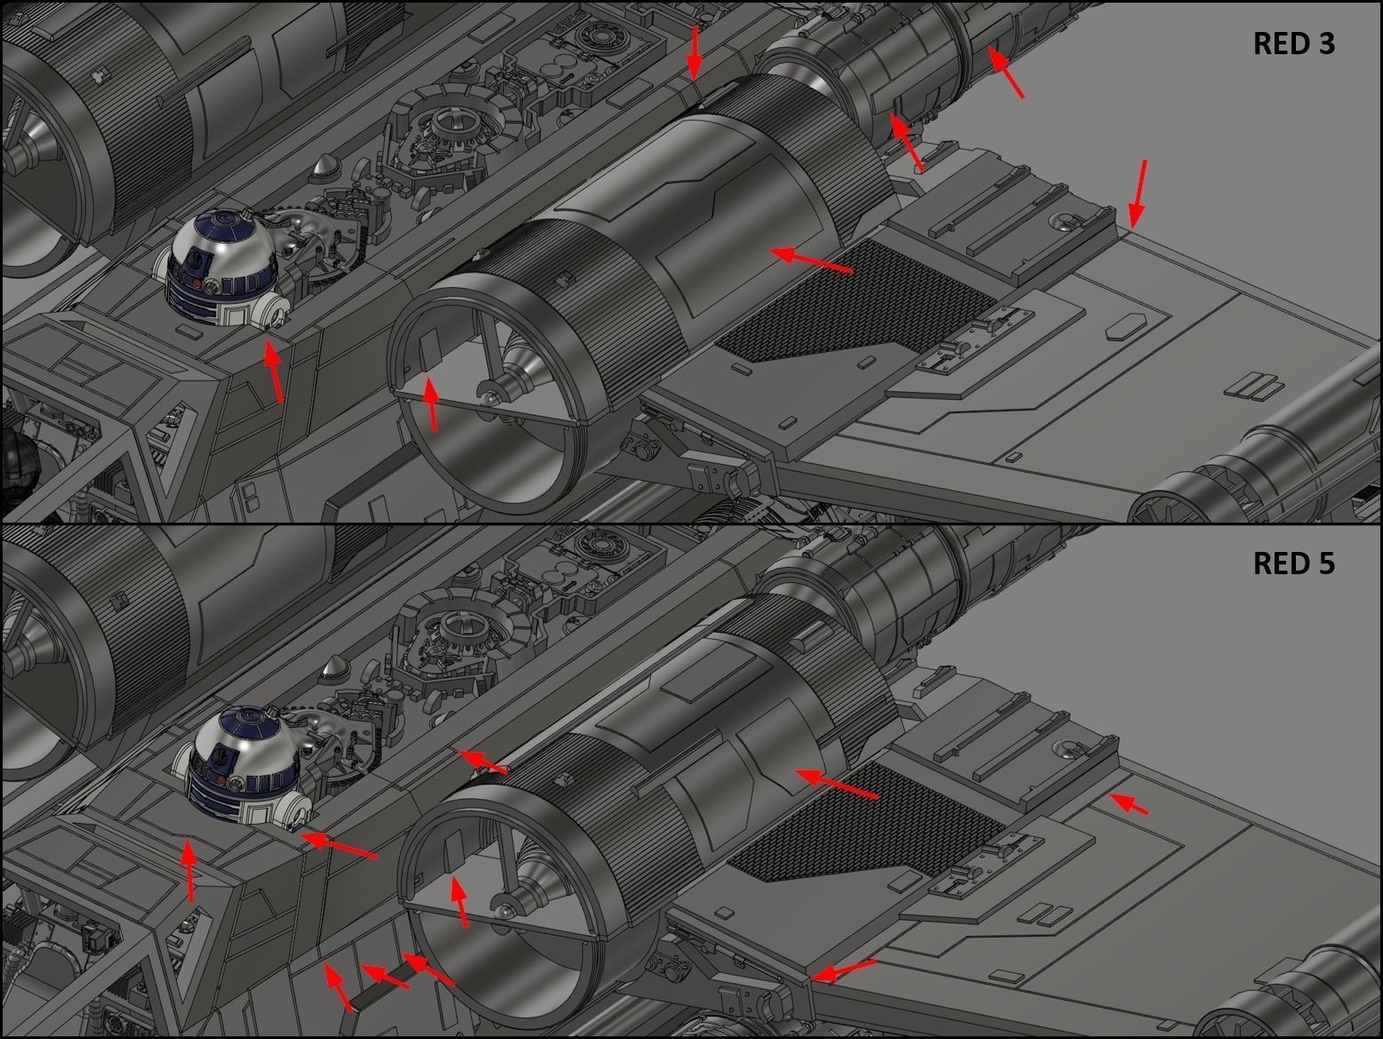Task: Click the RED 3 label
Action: click(1293, 44)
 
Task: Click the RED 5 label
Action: click(1293, 563)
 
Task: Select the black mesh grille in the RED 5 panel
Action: click(867, 822)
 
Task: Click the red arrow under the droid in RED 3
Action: click(274, 372)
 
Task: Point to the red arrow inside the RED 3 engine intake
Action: click(431, 404)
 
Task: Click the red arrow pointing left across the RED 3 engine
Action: click(811, 260)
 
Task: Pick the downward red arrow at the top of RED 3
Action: click(693, 53)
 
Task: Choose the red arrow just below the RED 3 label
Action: click(1005, 72)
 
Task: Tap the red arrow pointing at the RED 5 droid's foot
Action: click(339, 845)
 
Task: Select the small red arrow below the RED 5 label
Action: click(1129, 803)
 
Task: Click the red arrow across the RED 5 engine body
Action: click(836, 784)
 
